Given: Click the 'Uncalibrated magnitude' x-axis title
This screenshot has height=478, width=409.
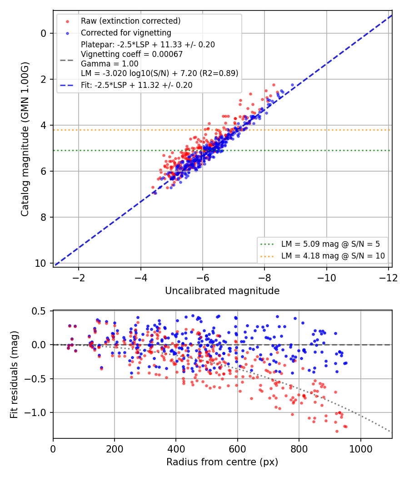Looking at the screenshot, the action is pyautogui.click(x=222, y=291).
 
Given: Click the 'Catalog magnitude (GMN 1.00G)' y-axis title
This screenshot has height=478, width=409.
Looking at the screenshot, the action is pyautogui.click(x=25, y=139).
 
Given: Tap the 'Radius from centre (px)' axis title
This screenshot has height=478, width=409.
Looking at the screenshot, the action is pyautogui.click(x=222, y=462).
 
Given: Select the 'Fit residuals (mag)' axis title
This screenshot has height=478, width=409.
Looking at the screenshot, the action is pyautogui.click(x=14, y=375).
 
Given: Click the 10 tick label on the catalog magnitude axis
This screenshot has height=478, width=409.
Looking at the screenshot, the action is pyautogui.click(x=40, y=264).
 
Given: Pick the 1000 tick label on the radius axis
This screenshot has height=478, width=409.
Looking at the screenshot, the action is pyautogui.click(x=361, y=449).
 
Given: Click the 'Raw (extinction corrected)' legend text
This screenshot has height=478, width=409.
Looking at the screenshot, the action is pyautogui.click(x=130, y=21).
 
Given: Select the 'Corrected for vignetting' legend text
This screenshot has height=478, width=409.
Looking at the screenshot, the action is pyautogui.click(x=126, y=33).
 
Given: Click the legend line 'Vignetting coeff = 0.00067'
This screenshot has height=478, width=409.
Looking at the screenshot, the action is pyautogui.click(x=132, y=54).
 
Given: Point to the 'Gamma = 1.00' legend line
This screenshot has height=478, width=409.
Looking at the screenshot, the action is pyautogui.click(x=110, y=64).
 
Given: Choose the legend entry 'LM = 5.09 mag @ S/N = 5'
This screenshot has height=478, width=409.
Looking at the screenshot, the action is pyautogui.click(x=330, y=244).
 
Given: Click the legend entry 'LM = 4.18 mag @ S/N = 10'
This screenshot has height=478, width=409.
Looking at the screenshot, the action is pyautogui.click(x=333, y=256).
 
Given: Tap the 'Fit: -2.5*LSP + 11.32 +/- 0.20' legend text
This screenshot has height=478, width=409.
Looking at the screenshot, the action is pyautogui.click(x=137, y=85).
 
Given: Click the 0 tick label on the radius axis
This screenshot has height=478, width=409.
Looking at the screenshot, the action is pyautogui.click(x=53, y=449).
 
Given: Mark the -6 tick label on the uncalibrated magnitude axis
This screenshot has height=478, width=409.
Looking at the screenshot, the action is pyautogui.click(x=202, y=278).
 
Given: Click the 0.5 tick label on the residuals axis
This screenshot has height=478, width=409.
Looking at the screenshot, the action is pyautogui.click(x=38, y=311).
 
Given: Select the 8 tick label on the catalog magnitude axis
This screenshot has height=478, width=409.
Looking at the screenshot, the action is pyautogui.click(x=43, y=217).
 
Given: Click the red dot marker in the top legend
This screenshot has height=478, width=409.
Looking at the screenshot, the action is pyautogui.click(x=68, y=21).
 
